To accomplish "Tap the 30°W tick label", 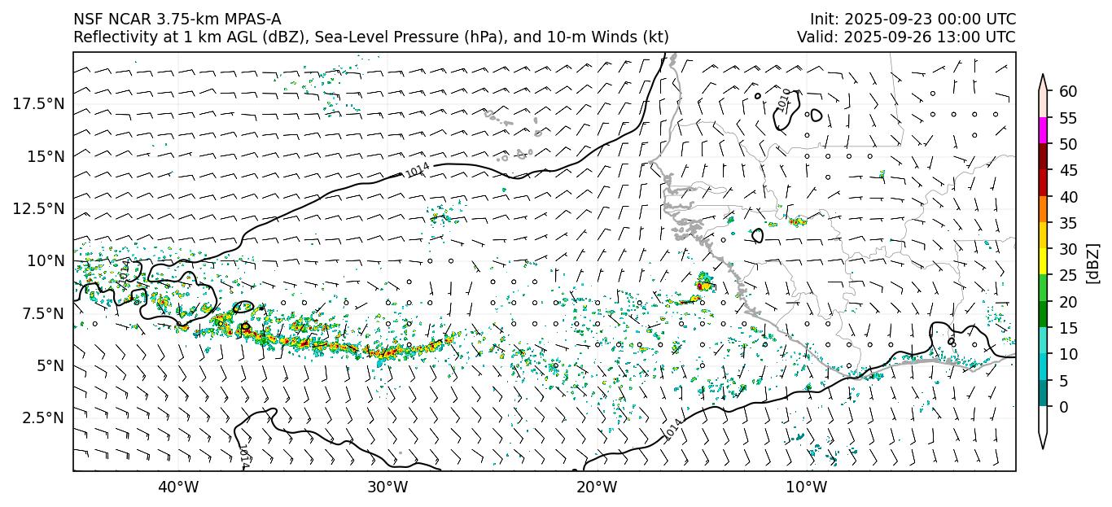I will (x=387, y=487).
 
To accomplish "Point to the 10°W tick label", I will (x=807, y=487).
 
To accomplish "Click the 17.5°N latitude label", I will (x=38, y=103).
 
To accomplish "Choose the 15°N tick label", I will (x=46, y=155).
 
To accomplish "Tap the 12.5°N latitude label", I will (x=38, y=208).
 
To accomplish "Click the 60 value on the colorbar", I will (x=1068, y=92).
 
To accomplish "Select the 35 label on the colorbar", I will (x=1068, y=223).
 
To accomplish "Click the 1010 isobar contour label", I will (x=783, y=99).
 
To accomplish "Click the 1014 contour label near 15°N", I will (x=418, y=170).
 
